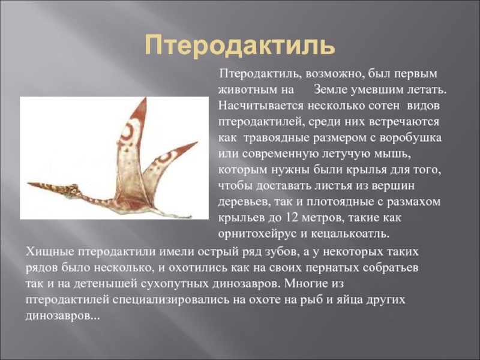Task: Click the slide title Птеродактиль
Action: pyautogui.click(x=239, y=46)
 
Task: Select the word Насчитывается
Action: pyautogui.click(x=261, y=106)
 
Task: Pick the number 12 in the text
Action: pyautogui.click(x=292, y=218)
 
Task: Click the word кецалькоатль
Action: pyautogui.click(x=350, y=234)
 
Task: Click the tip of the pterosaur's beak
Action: pyautogui.click(x=28, y=184)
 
